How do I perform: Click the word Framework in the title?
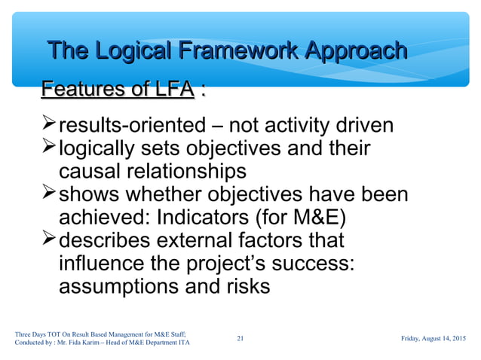[x=233, y=51]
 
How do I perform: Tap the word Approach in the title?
[x=353, y=51]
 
